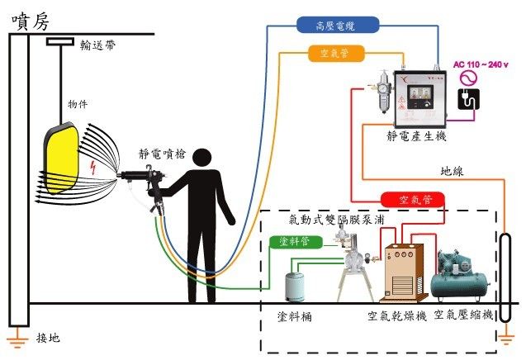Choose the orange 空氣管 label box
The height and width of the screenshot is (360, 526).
335,54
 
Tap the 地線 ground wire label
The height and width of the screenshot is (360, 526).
452,171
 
